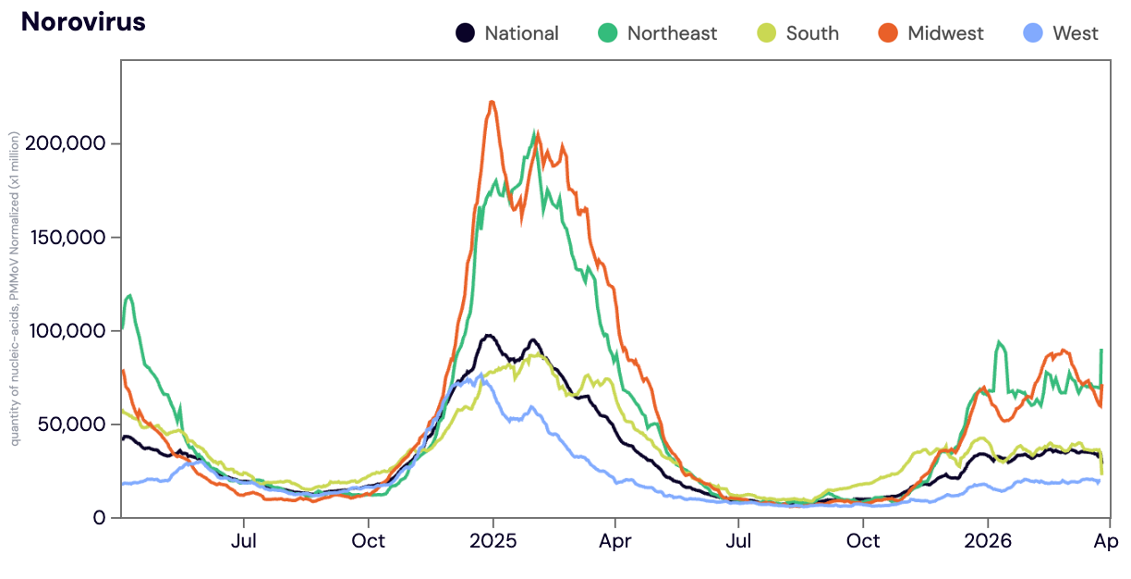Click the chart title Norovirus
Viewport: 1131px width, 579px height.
tap(83, 22)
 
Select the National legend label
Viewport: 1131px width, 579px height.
tap(521, 33)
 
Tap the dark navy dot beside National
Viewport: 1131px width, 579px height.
tap(466, 33)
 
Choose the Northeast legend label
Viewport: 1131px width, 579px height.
tap(672, 33)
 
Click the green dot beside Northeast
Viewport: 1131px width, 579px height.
tap(608, 33)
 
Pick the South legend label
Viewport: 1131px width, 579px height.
tap(812, 33)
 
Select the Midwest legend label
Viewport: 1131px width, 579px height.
tap(945, 33)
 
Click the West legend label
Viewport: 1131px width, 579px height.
tap(1075, 33)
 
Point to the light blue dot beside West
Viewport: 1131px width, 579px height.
tap(1034, 33)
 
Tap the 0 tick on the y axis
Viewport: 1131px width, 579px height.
tap(102, 518)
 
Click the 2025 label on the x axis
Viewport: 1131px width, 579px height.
tap(493, 540)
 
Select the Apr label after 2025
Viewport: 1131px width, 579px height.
tap(615, 540)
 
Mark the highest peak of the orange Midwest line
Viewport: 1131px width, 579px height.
tap(493, 103)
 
